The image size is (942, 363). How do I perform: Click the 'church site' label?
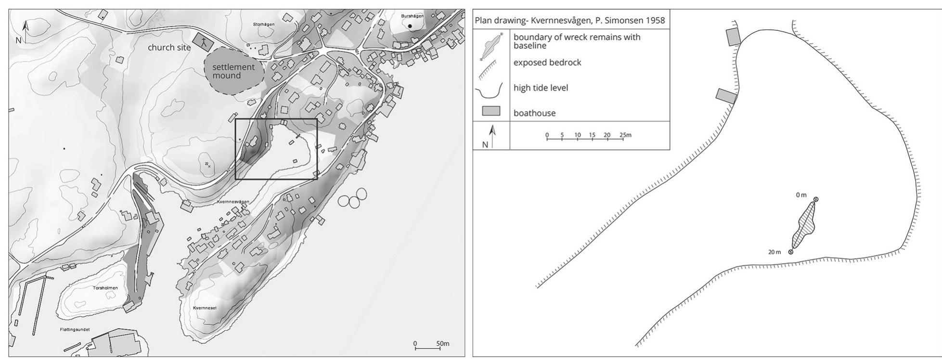coord(169,48)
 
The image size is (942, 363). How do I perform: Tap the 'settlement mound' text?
coord(233,71)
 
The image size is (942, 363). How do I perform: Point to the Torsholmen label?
coord(105,288)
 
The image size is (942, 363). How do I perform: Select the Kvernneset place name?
coord(205,308)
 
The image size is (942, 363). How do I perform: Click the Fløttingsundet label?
coord(75,329)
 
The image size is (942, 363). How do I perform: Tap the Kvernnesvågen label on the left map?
coord(233,202)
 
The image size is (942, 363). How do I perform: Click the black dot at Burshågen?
coord(410,26)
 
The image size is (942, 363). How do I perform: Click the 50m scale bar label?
coord(443,343)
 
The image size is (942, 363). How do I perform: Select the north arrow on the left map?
coord(26,30)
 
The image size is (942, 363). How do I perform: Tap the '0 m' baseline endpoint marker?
coord(815,199)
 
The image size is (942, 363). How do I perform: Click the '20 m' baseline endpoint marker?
coord(790,252)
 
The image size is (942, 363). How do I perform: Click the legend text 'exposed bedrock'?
coord(547,63)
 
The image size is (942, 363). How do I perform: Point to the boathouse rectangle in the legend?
coord(491,112)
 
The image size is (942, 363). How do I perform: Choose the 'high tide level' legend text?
coord(541,88)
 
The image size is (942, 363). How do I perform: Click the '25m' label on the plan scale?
coord(626,135)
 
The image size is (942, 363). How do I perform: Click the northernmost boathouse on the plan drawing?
coord(733,37)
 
